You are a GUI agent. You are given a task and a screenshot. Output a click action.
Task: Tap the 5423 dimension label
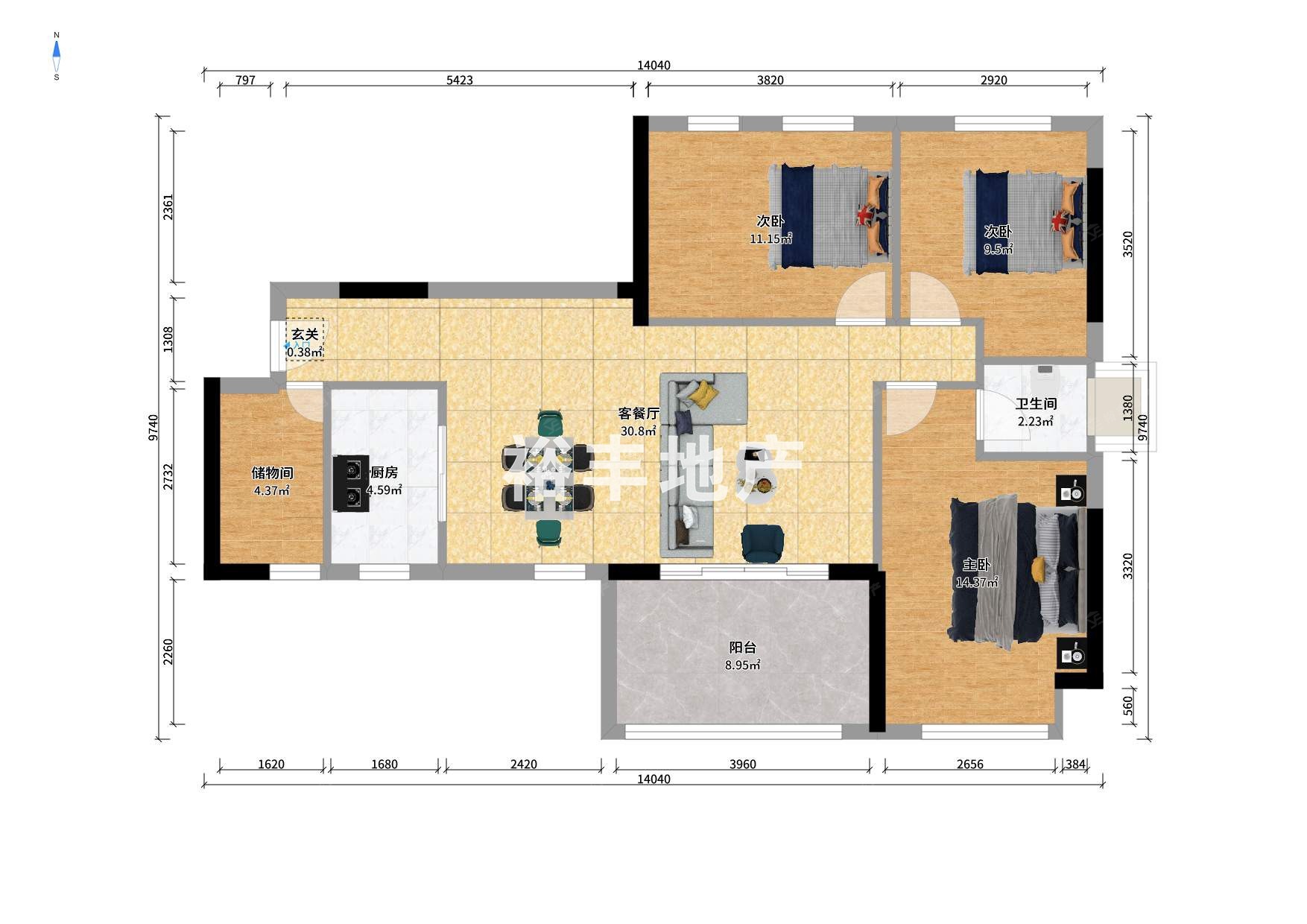(x=460, y=80)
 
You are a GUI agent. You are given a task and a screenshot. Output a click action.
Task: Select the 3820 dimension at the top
(x=770, y=80)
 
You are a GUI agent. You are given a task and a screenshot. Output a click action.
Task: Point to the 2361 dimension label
(x=168, y=206)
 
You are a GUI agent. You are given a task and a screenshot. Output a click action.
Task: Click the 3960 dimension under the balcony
(x=743, y=765)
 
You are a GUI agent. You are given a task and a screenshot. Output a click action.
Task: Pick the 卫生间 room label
(x=1036, y=404)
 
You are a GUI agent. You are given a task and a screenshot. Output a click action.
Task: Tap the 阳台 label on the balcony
(x=742, y=648)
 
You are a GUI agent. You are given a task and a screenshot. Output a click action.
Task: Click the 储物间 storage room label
(x=272, y=473)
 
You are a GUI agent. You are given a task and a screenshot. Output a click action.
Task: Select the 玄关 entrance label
(x=305, y=335)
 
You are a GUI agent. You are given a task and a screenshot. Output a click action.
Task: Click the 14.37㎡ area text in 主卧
(x=977, y=583)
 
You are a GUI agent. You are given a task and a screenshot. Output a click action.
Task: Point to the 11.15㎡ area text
(x=770, y=239)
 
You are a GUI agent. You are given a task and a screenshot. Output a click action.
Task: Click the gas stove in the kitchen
(x=351, y=483)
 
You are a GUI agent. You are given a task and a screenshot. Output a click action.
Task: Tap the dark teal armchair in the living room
(x=762, y=543)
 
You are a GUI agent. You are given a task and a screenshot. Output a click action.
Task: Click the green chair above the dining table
(x=551, y=422)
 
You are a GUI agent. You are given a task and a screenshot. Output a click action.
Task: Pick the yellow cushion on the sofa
(x=702, y=394)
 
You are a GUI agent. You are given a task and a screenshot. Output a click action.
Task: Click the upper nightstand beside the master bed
(x=1072, y=492)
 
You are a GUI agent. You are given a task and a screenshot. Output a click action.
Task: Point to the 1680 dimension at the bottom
(x=384, y=765)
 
